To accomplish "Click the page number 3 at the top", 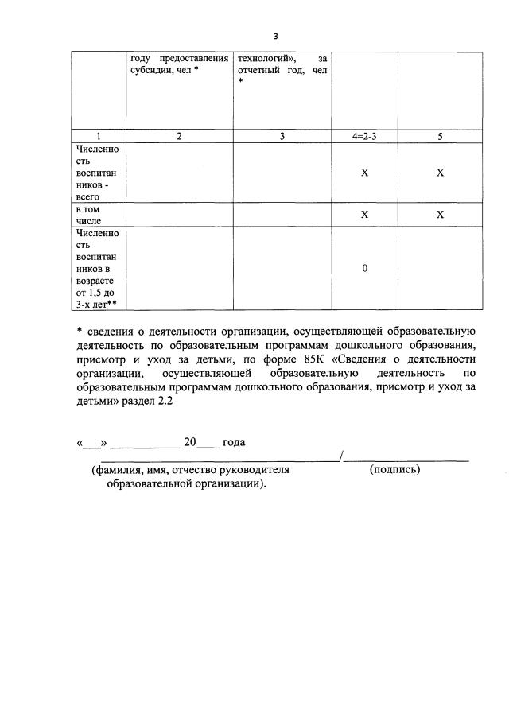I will point(275,37).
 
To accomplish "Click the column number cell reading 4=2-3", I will point(364,136).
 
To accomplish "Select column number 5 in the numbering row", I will point(440,136).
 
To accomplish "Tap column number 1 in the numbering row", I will point(98,136).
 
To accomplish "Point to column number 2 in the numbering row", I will point(179,136).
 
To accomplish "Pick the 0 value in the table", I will point(364,269).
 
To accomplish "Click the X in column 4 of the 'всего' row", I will point(364,173).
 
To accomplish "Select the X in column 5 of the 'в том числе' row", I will point(440,215).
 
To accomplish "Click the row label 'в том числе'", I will point(88,215).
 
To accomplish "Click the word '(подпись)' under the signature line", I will point(395,469).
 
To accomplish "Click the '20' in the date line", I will point(189,441).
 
